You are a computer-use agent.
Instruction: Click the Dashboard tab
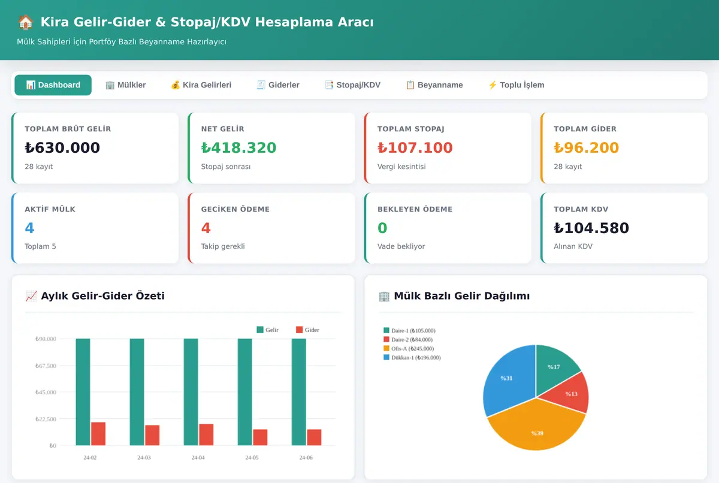pos(53,85)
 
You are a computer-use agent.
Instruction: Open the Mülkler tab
pos(126,85)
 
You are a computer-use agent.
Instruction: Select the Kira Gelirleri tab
pos(201,85)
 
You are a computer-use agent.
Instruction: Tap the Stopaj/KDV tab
pos(353,85)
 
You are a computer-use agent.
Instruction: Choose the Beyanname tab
pos(434,85)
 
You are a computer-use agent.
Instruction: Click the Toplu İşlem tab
pos(516,85)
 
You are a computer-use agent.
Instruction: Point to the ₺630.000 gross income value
pos(62,147)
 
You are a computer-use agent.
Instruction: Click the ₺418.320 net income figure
pos(238,147)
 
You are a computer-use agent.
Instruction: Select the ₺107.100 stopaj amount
pos(415,147)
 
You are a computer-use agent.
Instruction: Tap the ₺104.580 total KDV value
pos(591,228)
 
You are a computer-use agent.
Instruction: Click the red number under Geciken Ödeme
pos(206,228)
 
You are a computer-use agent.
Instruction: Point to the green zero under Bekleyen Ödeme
pos(382,228)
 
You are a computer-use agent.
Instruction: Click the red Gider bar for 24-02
pos(98,434)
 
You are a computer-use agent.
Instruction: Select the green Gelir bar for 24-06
pos(299,392)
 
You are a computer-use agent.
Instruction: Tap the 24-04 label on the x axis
pos(198,458)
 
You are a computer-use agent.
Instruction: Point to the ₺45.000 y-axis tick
pos(46,392)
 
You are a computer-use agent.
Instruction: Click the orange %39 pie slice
pos(536,427)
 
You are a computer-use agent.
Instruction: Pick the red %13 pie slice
pos(570,394)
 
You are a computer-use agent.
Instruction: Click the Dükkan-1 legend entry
pos(412,358)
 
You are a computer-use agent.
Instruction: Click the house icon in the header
pos(26,22)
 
